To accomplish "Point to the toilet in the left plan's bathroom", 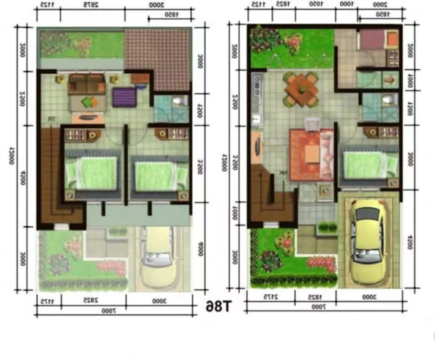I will pos(176,103).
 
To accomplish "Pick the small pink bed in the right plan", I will pos(376,41).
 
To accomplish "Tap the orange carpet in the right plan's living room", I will pos(312,154).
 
